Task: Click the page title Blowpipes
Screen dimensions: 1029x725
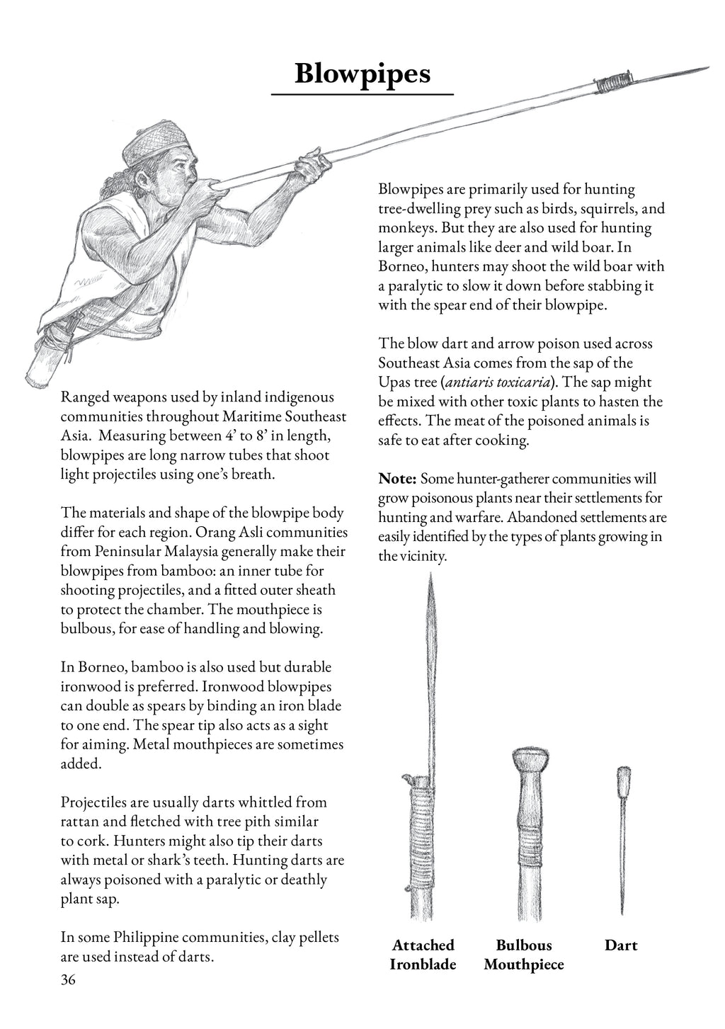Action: pyautogui.click(x=362, y=72)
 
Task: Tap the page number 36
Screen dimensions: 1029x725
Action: pyautogui.click(x=68, y=979)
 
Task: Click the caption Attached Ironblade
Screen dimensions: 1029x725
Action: pyautogui.click(x=423, y=954)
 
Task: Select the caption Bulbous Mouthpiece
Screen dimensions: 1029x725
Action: pyautogui.click(x=524, y=954)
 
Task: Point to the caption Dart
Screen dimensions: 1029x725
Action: pyautogui.click(x=621, y=945)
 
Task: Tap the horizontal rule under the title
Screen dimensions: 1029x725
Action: pyautogui.click(x=362, y=93)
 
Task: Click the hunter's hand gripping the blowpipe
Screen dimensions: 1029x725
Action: pyautogui.click(x=312, y=167)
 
